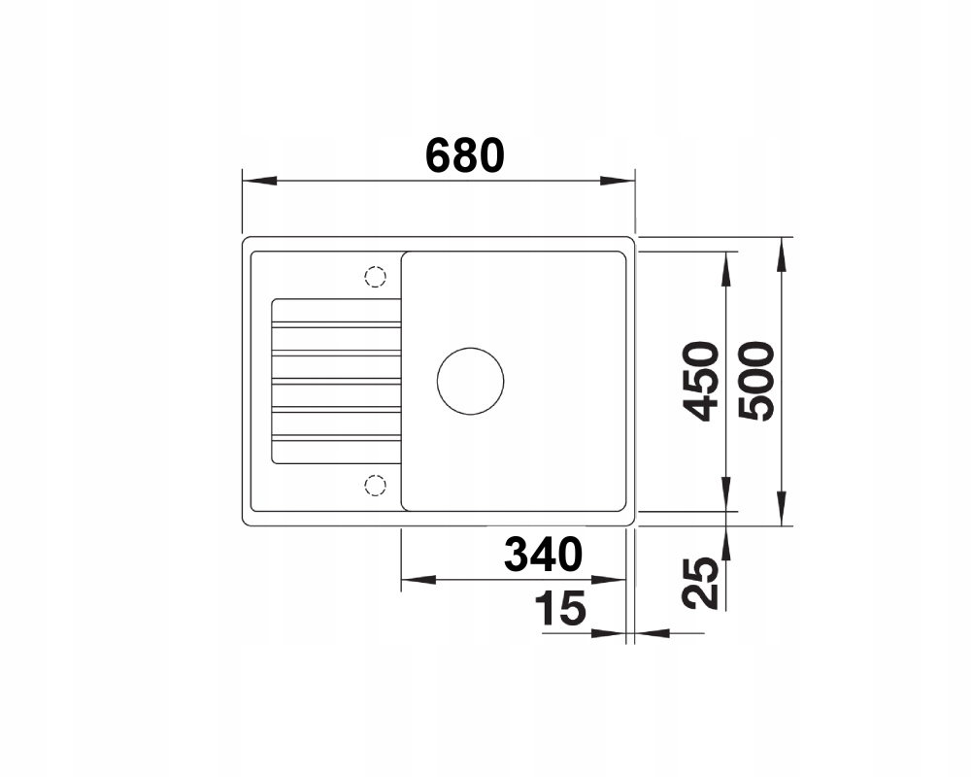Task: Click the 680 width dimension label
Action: (465, 155)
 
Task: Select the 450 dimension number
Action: (700, 381)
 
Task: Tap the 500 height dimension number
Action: (756, 381)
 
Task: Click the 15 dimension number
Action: (560, 608)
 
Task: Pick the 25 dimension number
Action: (700, 583)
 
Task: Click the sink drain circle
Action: (470, 381)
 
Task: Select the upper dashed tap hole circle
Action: (375, 277)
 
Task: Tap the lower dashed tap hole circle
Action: (375, 485)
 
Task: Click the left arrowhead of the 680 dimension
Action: (259, 181)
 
